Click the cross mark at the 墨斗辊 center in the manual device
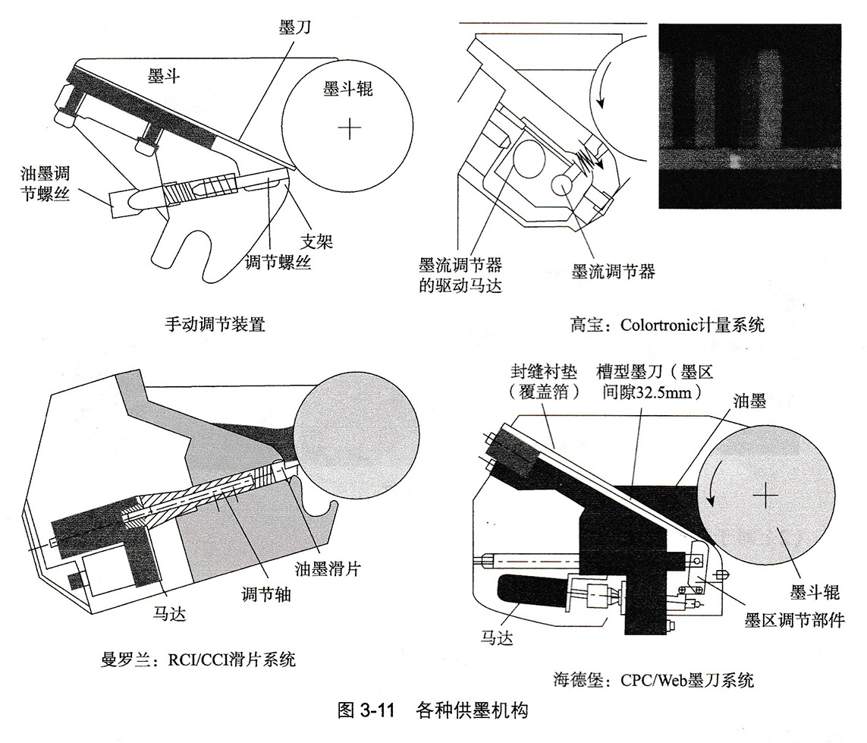click(x=349, y=129)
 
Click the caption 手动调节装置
click(x=215, y=326)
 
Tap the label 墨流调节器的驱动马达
click(x=460, y=275)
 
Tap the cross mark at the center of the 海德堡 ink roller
click(x=766, y=496)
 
